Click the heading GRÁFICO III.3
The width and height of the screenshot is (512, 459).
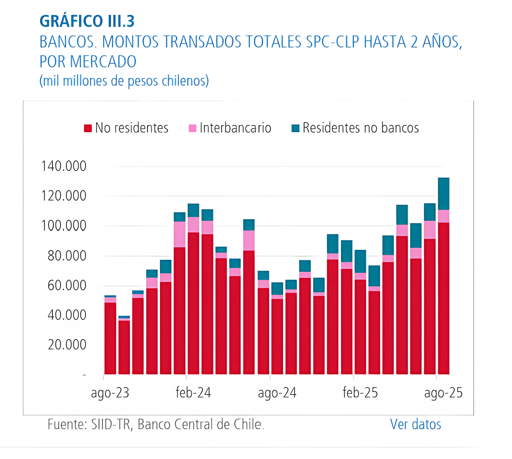pos(86,22)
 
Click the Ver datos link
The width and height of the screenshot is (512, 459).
pos(415,424)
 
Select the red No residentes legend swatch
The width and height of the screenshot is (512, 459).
pos(87,129)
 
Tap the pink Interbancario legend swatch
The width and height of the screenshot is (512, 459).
pos(192,129)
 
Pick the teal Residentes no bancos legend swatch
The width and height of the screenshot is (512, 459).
pos(295,129)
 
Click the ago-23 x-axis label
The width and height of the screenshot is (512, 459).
pos(110,393)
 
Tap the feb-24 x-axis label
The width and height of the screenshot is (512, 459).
pos(193,393)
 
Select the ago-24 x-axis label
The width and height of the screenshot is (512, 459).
pos(277,393)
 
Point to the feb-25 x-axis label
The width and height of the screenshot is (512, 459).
pos(360,393)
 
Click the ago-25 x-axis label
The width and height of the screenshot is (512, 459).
pos(443,393)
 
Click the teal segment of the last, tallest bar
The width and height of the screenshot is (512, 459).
pos(443,194)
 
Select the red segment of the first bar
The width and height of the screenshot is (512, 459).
pos(110,338)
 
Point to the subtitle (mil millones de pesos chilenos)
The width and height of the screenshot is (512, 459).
pos(123,81)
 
